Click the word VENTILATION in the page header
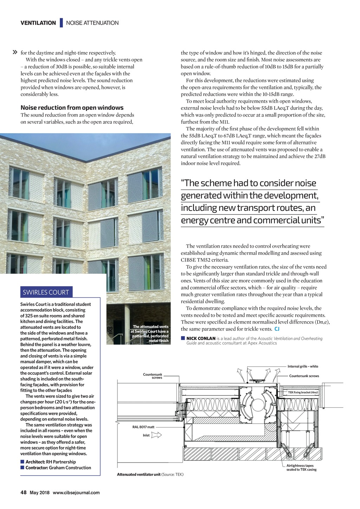38,23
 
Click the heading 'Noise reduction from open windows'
72,108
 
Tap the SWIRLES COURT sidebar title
46,292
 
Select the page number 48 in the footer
24,492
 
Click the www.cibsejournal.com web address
76,492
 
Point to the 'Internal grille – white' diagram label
303,366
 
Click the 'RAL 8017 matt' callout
143,427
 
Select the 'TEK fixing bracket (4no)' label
303,392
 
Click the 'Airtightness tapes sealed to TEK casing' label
301,468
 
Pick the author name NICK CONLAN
201,339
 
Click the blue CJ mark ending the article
277,329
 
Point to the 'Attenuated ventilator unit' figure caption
139,475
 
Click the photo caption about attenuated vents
150,334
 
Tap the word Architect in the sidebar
35,462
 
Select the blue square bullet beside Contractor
22,468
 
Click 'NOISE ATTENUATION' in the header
92,23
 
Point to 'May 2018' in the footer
39,492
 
